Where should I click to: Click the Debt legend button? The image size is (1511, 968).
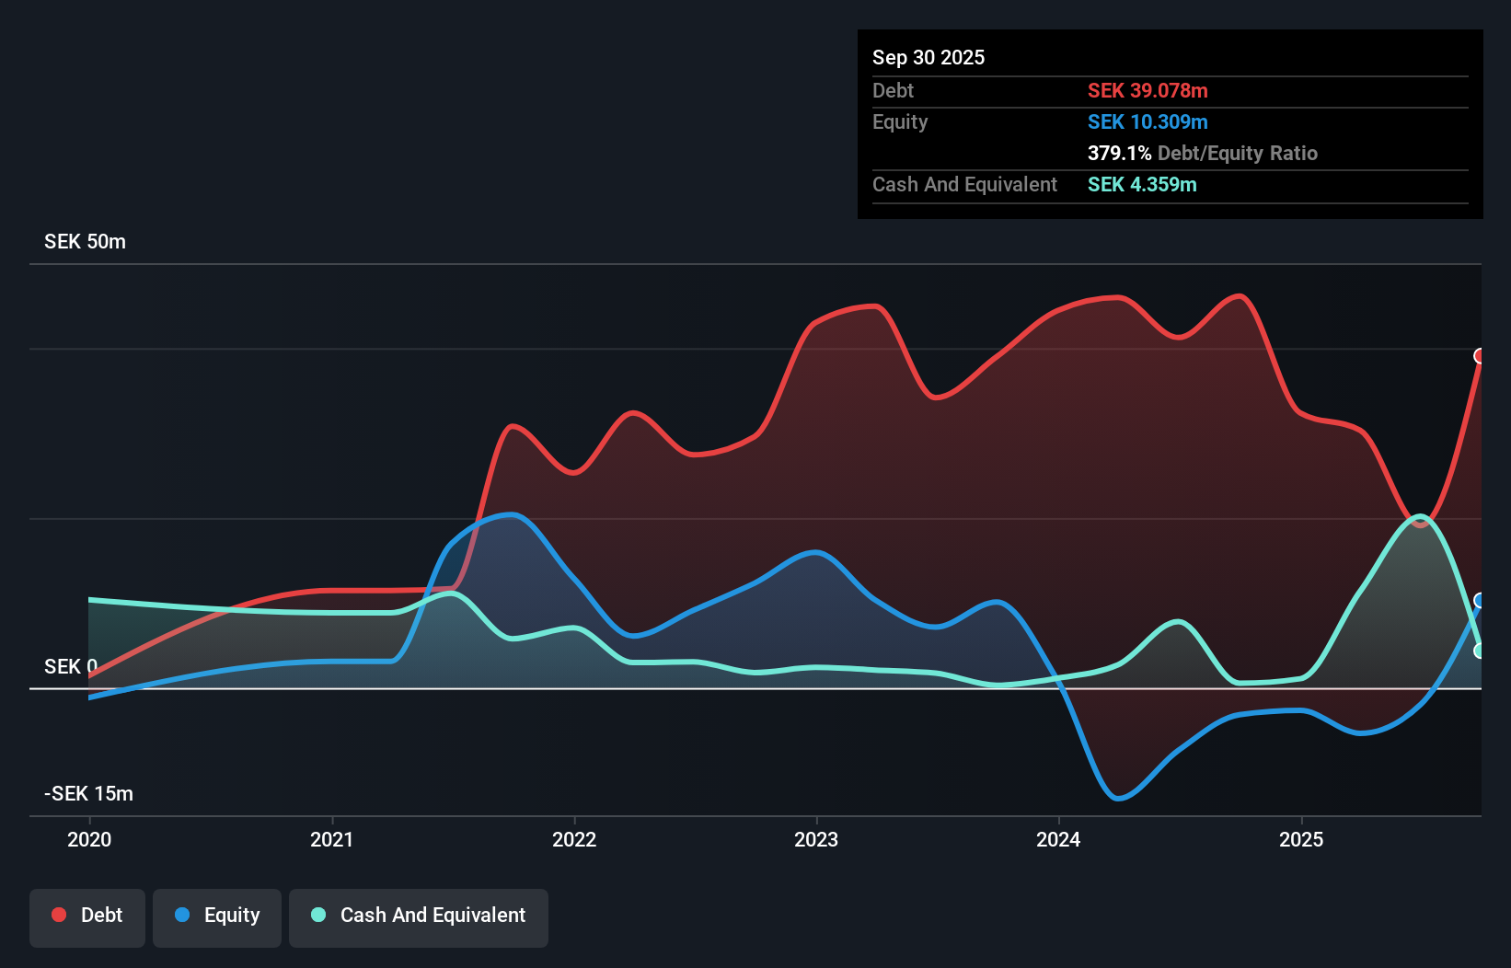point(87,916)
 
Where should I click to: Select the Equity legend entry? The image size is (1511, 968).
point(217,916)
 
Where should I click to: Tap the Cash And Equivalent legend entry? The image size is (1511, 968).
point(419,916)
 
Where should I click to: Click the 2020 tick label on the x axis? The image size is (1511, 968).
point(89,839)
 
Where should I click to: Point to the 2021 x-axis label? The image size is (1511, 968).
point(331,839)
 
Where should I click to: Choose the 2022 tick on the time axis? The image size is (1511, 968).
point(574,839)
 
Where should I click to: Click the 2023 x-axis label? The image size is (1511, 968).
point(816,839)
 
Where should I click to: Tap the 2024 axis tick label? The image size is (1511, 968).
point(1058,839)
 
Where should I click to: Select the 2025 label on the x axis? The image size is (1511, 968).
point(1301,839)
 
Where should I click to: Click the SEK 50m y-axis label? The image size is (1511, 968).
point(85,242)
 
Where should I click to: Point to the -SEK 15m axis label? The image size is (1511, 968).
point(88,793)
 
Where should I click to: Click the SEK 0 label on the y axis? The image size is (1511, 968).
point(70,666)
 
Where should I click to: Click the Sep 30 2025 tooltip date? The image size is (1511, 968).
point(928,57)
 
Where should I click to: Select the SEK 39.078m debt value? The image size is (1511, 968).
point(1148,90)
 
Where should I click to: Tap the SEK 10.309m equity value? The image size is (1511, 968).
point(1148,121)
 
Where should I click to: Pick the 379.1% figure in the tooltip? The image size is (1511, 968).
point(1119,153)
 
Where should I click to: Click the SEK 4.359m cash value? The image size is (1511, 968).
point(1142,184)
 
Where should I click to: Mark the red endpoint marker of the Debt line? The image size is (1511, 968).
point(1480,356)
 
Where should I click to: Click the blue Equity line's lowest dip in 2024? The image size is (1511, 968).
point(1118,798)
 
